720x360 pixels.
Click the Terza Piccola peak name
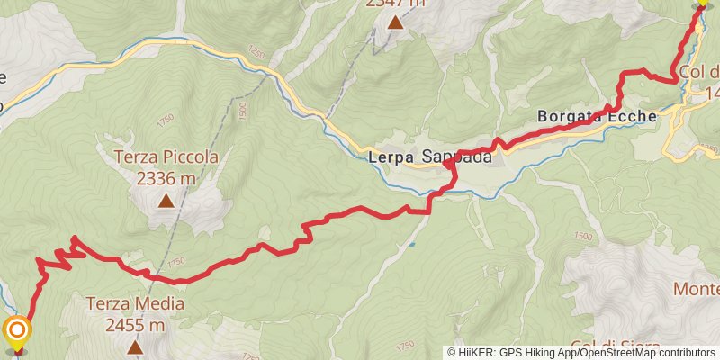point(166,157)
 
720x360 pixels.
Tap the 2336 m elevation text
point(166,177)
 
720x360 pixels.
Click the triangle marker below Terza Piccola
point(166,202)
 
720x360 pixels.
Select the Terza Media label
point(136,304)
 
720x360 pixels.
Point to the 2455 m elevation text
point(136,324)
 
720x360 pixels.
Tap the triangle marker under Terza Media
point(136,346)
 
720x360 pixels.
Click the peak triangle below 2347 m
point(394,22)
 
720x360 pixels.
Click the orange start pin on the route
point(17,332)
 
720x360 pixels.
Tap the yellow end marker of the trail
point(703,4)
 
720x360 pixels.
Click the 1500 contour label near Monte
point(582,236)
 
